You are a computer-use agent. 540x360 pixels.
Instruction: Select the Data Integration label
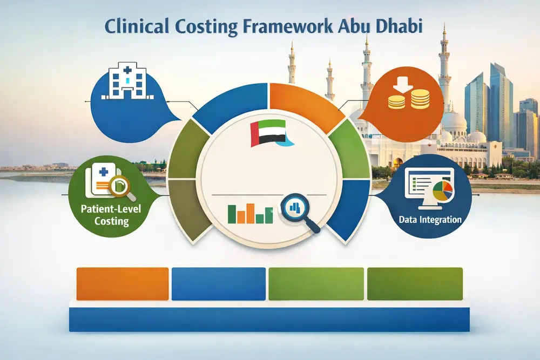[430, 220]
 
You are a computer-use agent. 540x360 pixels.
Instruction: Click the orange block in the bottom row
[123, 283]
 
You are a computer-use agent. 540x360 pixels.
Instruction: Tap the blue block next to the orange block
[218, 283]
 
